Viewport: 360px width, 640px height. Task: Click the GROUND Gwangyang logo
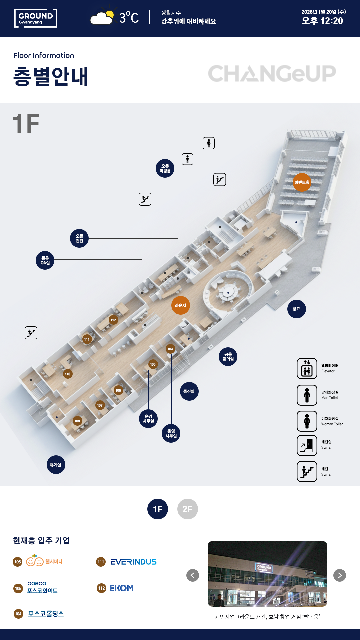36,18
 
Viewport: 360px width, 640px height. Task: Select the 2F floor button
187,509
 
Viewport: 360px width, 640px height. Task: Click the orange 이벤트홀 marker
302,182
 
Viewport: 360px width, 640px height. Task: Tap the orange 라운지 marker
180,305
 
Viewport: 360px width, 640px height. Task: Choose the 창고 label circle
296,309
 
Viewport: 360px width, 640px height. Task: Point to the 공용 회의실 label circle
228,357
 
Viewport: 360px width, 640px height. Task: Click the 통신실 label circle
189,391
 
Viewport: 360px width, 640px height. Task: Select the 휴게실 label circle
56,465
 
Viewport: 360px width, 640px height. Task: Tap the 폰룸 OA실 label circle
45,260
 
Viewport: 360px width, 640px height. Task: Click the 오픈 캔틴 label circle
79,238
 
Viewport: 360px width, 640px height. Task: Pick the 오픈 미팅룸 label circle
165,168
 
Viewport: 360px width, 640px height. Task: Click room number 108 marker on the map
77,421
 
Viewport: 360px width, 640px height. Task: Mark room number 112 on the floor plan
113,320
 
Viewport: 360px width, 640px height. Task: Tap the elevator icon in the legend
307,368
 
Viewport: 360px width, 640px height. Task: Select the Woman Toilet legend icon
307,421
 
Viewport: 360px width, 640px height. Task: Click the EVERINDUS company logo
133,562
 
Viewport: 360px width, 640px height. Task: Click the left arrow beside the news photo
193,575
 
